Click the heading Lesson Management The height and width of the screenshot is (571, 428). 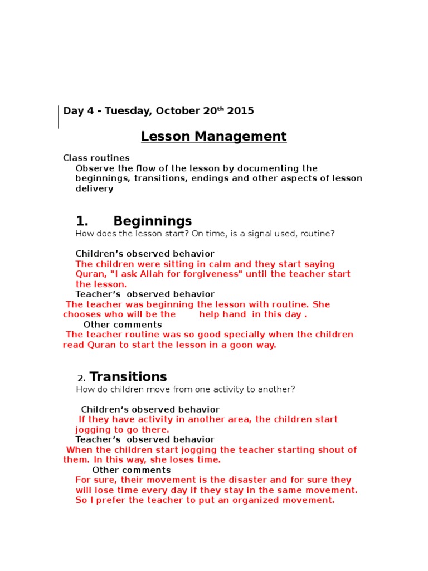click(213, 136)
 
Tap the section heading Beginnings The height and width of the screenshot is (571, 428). click(152, 221)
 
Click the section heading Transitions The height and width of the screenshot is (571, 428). click(128, 377)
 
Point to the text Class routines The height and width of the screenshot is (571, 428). click(96, 158)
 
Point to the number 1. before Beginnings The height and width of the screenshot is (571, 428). click(82, 221)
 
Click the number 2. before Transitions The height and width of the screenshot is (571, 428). click(81, 378)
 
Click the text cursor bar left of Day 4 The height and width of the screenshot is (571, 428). click(59, 117)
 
